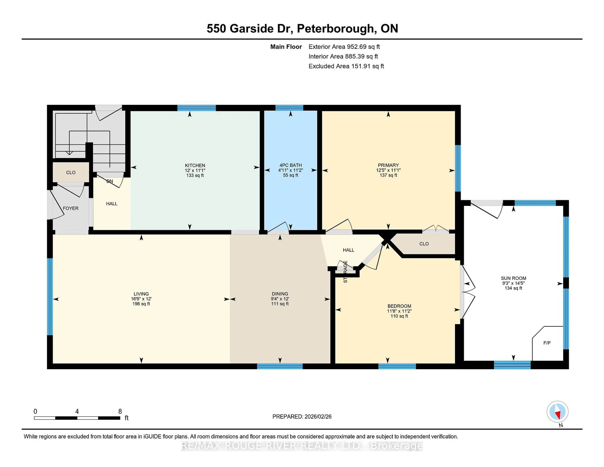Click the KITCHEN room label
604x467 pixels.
point(195,165)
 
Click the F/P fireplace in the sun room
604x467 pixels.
point(547,343)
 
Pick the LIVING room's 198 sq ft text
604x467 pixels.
point(141,304)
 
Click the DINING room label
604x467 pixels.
point(280,294)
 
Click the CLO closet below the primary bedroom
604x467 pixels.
point(424,244)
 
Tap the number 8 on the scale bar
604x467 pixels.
point(120,411)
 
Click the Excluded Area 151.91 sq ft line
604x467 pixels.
point(346,66)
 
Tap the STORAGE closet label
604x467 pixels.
point(345,272)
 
